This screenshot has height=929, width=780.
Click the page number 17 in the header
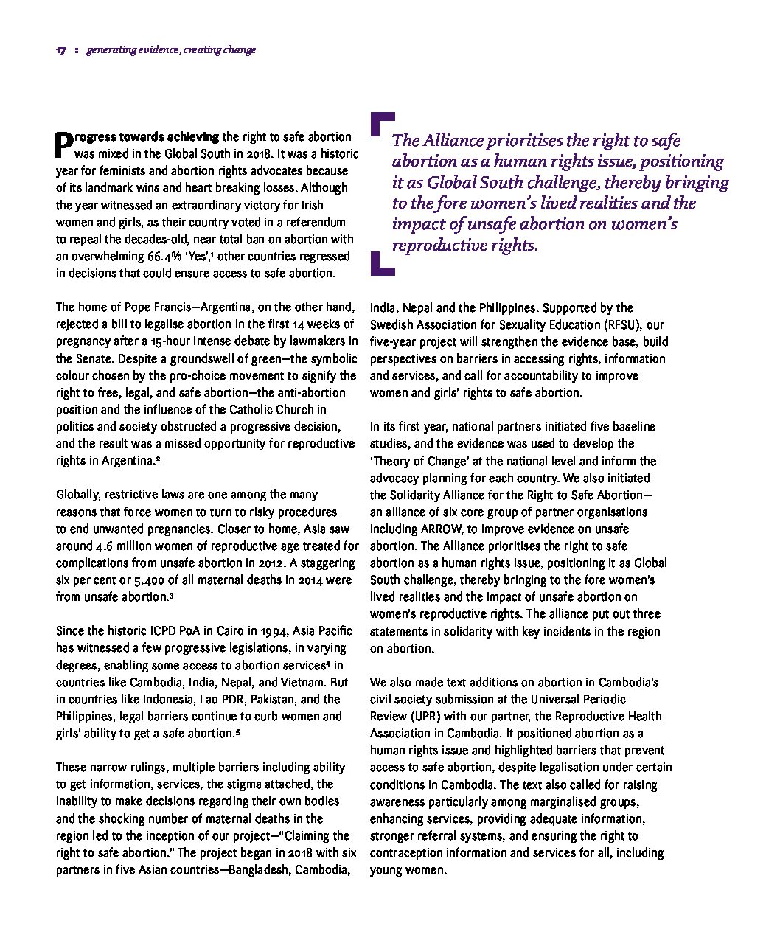pyautogui.click(x=60, y=51)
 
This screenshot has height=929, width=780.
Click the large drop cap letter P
pyautogui.click(x=64, y=145)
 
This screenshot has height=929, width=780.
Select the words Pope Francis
pyautogui.click(x=157, y=307)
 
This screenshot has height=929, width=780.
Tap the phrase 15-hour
pyautogui.click(x=206, y=341)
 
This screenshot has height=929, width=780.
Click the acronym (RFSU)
pyautogui.click(x=621, y=324)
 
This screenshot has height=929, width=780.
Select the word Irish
pyautogui.click(x=309, y=205)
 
